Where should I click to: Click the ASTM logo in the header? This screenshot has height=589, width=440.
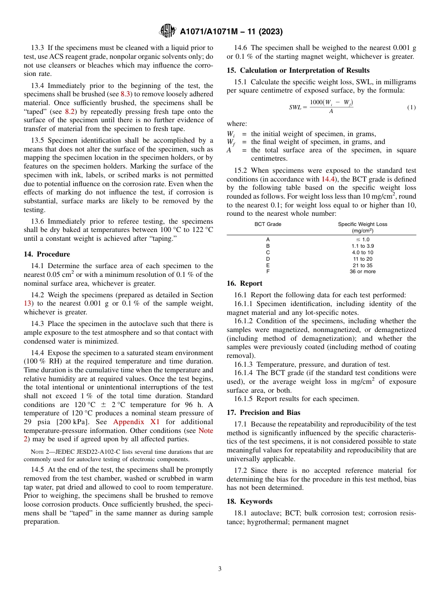tap(168, 31)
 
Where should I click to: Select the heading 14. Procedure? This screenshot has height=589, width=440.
tap(47, 254)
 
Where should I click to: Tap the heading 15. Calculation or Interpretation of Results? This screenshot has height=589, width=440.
tap(298, 70)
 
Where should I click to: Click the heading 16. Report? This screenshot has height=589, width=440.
tap(245, 283)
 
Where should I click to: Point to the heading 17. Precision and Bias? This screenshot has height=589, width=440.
tap(263, 412)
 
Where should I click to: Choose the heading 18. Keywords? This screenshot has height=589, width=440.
tap(249, 501)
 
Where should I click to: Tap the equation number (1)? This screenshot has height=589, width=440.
tap(411, 107)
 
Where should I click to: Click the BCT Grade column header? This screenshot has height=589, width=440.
tap(268, 224)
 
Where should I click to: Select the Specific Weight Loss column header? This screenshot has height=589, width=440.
tap(362, 227)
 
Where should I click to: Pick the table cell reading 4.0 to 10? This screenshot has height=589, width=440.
tap(362, 252)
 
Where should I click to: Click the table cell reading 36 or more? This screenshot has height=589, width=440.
tap(362, 272)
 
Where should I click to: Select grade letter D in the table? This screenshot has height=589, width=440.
tap(268, 259)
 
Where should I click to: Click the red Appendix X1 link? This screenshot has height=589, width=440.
tap(138, 422)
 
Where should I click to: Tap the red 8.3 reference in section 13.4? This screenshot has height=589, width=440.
tap(126, 94)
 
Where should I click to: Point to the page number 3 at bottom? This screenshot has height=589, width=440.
tap(220, 569)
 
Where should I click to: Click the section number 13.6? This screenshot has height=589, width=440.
tap(38, 221)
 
